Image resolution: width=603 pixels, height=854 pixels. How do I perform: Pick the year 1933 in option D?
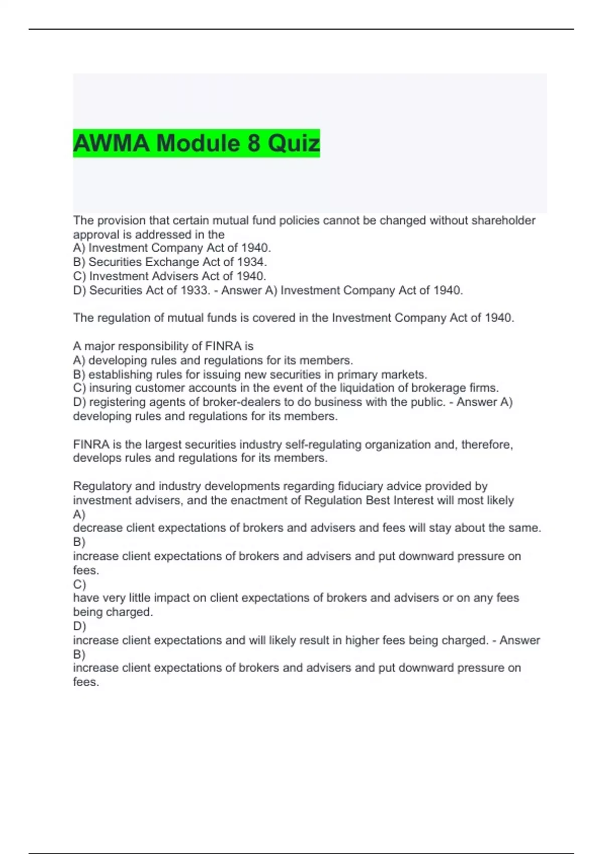pyautogui.click(x=191, y=290)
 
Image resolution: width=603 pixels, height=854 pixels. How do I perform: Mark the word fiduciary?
pyautogui.click(x=360, y=486)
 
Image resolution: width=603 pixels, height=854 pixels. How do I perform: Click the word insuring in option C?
pyautogui.click(x=111, y=388)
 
